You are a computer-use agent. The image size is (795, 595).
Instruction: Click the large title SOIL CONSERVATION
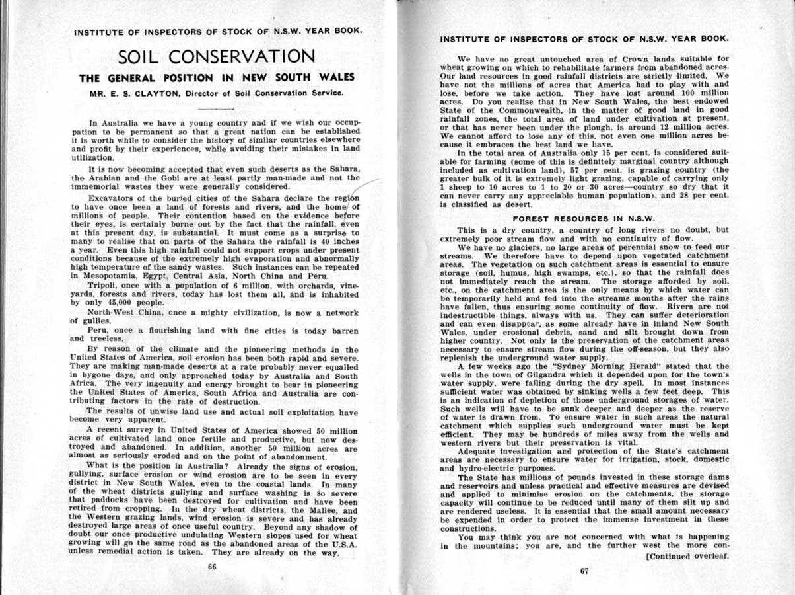(217, 57)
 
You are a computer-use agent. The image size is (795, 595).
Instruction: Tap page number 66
(212, 566)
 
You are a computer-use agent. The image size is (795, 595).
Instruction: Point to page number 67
(584, 573)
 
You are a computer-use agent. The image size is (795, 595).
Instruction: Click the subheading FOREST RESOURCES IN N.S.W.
(583, 218)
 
